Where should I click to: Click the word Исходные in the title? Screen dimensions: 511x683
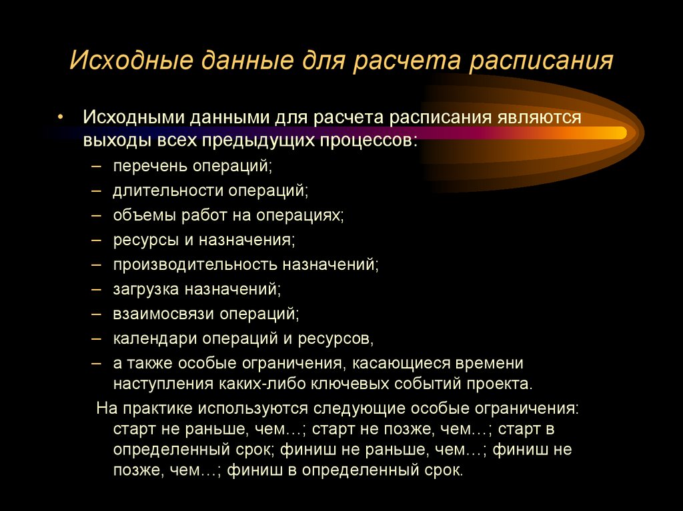(x=125, y=62)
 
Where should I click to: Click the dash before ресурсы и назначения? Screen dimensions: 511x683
(x=98, y=239)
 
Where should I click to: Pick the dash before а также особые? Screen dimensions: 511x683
(x=98, y=362)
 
